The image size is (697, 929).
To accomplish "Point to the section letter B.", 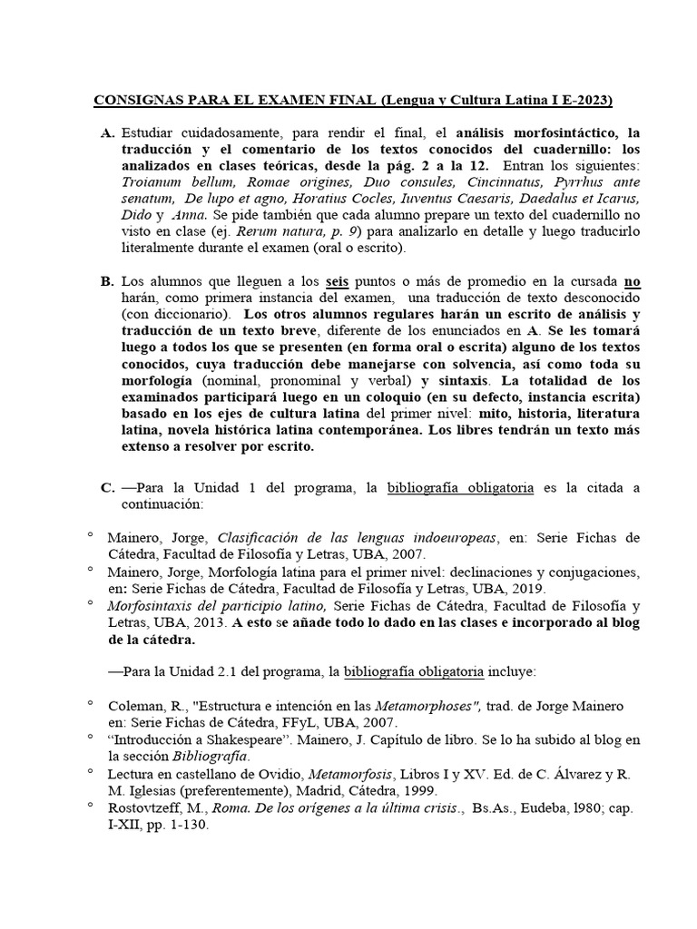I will (106, 282).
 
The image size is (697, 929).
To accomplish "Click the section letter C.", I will (106, 488).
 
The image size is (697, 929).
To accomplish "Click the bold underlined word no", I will (632, 282).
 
